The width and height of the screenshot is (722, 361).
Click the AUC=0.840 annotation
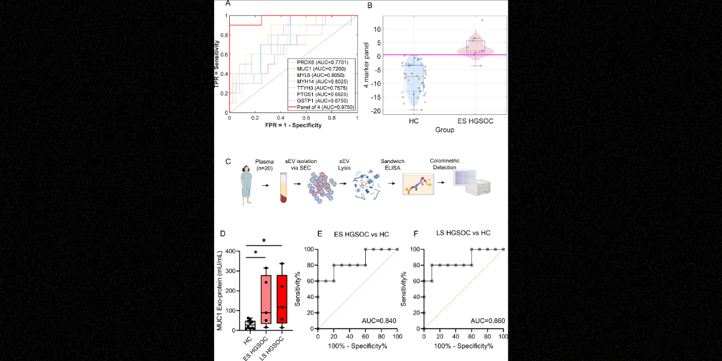coord(379,322)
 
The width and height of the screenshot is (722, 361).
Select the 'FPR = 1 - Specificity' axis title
coord(292,125)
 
